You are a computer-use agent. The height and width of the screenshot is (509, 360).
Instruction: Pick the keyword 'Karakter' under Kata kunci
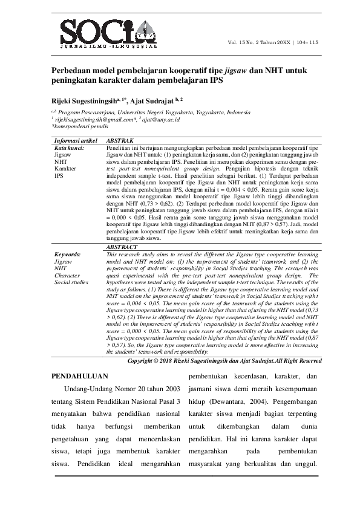pos(65,169)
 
